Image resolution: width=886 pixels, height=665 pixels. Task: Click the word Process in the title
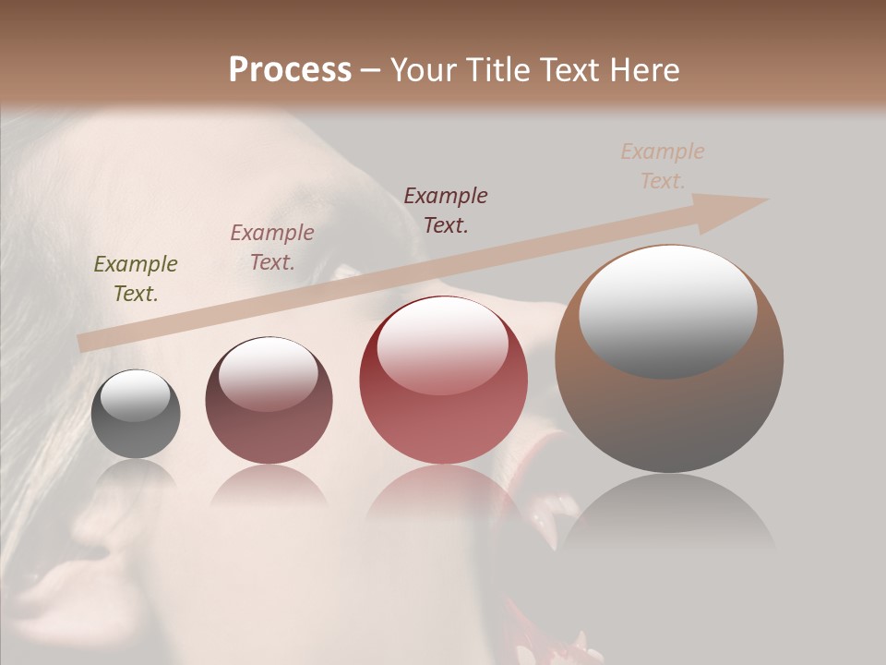click(290, 70)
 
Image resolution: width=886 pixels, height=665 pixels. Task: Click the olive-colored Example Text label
click(136, 278)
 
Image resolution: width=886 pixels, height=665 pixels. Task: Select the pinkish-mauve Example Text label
click(272, 247)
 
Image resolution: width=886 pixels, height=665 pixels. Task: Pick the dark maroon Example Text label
click(446, 210)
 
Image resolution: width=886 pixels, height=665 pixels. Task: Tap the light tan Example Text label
click(663, 166)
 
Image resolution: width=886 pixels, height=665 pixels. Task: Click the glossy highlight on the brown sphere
click(667, 310)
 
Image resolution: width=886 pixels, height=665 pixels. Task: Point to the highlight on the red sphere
click(442, 345)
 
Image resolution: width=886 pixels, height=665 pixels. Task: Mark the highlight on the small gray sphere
click(135, 395)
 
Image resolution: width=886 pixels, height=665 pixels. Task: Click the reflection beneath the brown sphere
click(669, 517)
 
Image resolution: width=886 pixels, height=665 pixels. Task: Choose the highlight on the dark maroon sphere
click(268, 373)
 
